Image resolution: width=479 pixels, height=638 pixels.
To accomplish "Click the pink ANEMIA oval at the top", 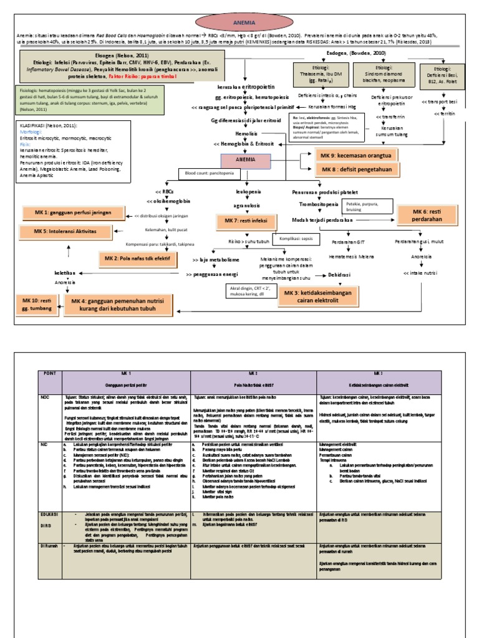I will tap(239, 22).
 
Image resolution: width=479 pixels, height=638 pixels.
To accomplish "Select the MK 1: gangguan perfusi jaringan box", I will tap(72, 214).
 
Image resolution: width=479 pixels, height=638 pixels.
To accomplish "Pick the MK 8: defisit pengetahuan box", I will tap(353, 169).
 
